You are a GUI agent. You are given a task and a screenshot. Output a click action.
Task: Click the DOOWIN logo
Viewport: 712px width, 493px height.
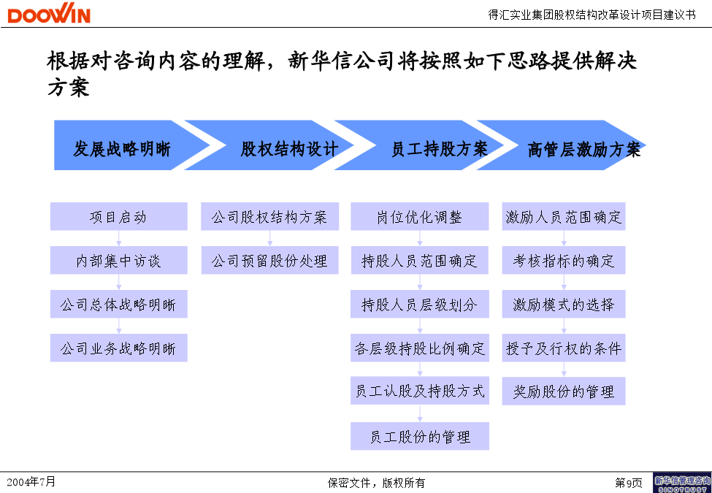(49, 13)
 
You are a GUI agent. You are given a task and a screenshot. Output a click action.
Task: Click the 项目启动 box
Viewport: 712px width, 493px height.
(118, 216)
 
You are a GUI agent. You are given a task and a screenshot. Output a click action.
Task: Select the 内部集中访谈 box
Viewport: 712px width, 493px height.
(118, 260)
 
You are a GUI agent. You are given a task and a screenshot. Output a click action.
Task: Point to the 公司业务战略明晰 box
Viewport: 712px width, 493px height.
(118, 348)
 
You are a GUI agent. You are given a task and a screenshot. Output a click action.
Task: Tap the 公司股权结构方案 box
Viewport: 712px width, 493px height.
(269, 216)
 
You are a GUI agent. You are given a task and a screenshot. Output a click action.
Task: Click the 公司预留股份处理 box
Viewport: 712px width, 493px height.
(269, 260)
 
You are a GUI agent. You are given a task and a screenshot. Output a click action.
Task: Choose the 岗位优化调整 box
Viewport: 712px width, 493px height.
(420, 216)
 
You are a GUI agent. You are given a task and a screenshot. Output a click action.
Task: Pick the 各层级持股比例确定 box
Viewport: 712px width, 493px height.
(420, 348)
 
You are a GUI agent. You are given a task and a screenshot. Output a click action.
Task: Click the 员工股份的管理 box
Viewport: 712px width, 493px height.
(420, 436)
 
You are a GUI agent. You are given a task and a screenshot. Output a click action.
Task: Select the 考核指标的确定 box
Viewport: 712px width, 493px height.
(564, 260)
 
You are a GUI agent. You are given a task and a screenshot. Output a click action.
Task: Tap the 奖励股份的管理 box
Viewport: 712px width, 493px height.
(564, 391)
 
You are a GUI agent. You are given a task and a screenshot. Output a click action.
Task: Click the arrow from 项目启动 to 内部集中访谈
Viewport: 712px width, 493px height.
(118, 238)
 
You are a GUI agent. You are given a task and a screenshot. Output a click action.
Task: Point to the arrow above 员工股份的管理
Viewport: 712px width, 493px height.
(420, 413)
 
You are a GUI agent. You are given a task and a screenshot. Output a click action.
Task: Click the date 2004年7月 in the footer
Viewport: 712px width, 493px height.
(31, 481)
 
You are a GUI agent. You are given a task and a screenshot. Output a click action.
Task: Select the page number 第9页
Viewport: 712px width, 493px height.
(629, 483)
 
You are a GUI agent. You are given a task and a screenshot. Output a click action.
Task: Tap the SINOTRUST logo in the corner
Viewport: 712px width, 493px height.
(682, 483)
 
